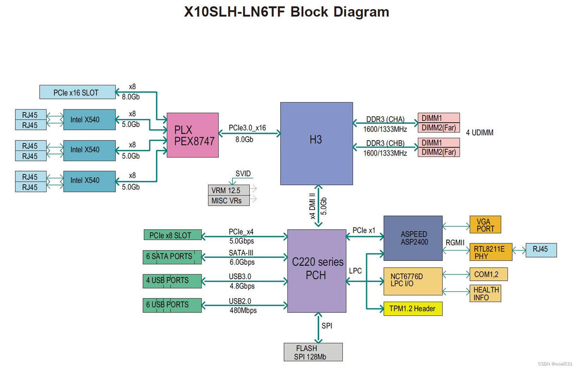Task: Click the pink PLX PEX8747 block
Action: click(193, 135)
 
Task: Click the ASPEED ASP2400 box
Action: click(414, 238)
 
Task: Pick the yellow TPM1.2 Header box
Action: click(413, 308)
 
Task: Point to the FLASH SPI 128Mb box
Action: click(313, 352)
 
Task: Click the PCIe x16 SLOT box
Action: click(77, 92)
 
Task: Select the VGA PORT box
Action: click(485, 225)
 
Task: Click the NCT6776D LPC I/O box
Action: click(413, 280)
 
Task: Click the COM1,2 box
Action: click(488, 274)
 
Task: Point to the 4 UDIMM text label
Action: click(480, 132)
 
